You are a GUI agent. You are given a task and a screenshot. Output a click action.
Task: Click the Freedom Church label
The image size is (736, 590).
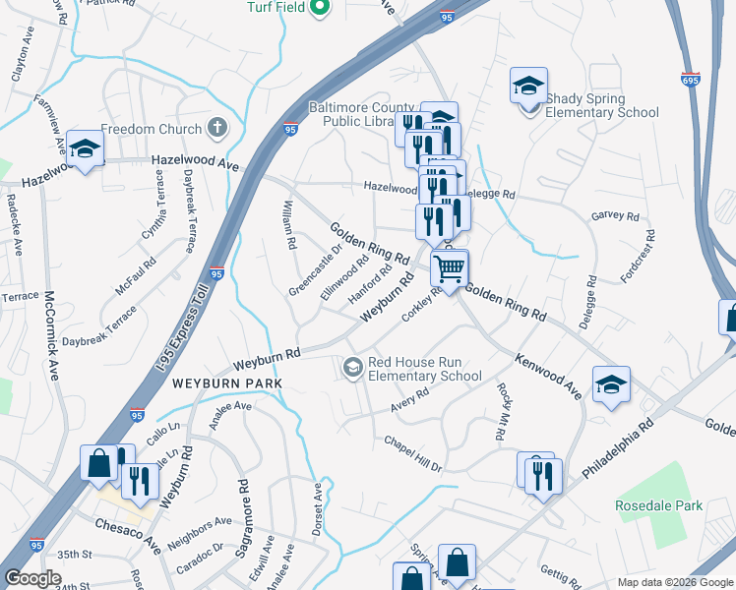pos(151,128)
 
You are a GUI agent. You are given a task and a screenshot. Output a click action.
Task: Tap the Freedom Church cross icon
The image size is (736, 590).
pos(217,128)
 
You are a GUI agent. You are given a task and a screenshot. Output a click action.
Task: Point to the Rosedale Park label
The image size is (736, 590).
pos(658,505)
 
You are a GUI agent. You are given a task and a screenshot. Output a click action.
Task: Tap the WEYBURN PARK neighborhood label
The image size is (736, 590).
pos(228,383)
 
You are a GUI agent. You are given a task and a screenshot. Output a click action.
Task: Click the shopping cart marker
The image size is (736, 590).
pos(449,266)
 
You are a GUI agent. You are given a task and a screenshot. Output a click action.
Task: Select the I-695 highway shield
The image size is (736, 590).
pos(692,77)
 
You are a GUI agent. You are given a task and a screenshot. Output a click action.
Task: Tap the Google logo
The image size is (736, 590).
pos(33,578)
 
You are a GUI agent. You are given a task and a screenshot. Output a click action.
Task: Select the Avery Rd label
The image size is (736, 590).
pos(410,397)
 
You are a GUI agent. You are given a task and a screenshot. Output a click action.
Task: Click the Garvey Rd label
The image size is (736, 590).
pos(615,215)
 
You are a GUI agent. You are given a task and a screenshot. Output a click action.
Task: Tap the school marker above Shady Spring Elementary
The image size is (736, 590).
pos(528,86)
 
